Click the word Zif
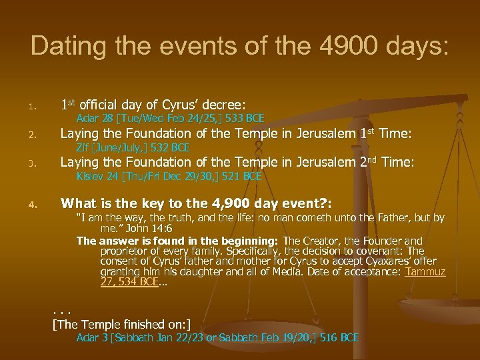click(x=84, y=147)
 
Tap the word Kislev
click(x=90, y=176)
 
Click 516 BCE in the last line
click(x=339, y=338)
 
